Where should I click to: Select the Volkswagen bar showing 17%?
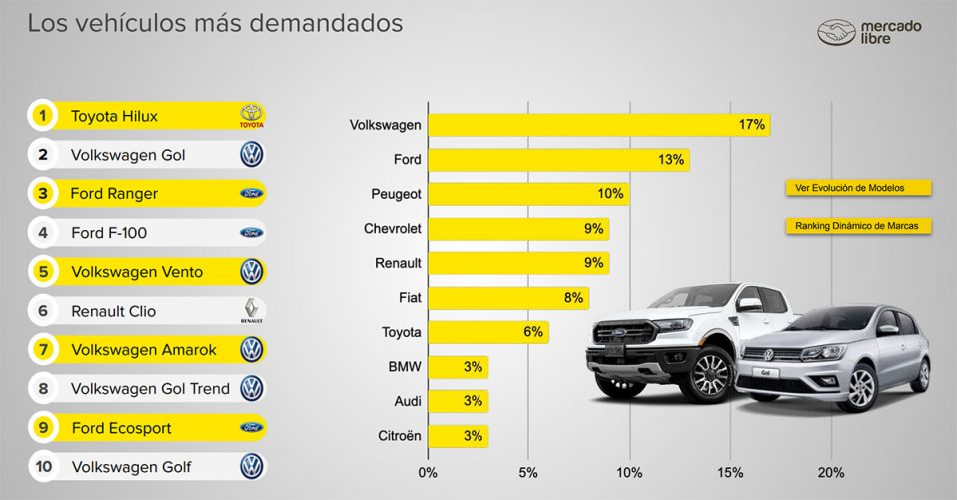coord(598,125)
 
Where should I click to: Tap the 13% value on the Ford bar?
coord(670,160)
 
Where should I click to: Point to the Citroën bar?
coord(459,436)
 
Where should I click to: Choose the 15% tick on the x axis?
coord(730,472)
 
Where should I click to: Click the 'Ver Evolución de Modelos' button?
coord(858,188)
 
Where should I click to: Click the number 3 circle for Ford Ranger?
coord(42,193)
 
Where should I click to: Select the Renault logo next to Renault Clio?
coord(252,311)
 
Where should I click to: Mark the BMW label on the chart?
coord(404,367)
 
